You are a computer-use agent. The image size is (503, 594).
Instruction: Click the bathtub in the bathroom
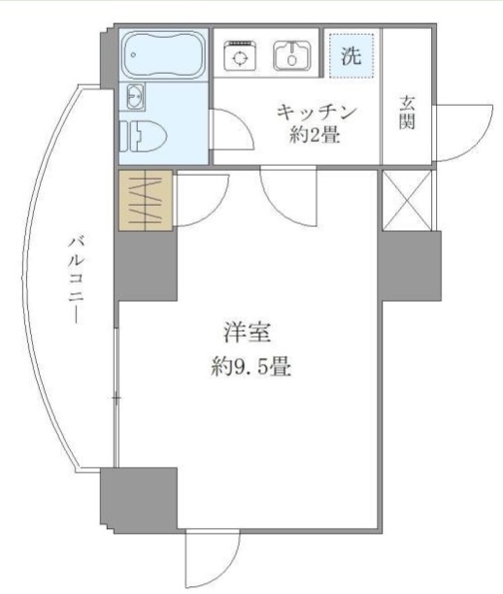tap(164, 56)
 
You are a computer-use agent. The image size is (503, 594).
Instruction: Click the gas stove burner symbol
tap(238, 55)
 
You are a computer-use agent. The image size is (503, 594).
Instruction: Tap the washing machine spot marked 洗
tap(350, 54)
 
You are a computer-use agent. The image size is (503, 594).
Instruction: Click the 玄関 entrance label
tap(408, 110)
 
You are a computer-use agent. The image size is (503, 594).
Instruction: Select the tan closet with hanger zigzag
tap(146, 200)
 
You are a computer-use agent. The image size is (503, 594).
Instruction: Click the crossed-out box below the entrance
tap(408, 201)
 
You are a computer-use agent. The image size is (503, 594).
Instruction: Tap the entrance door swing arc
tap(455, 131)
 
